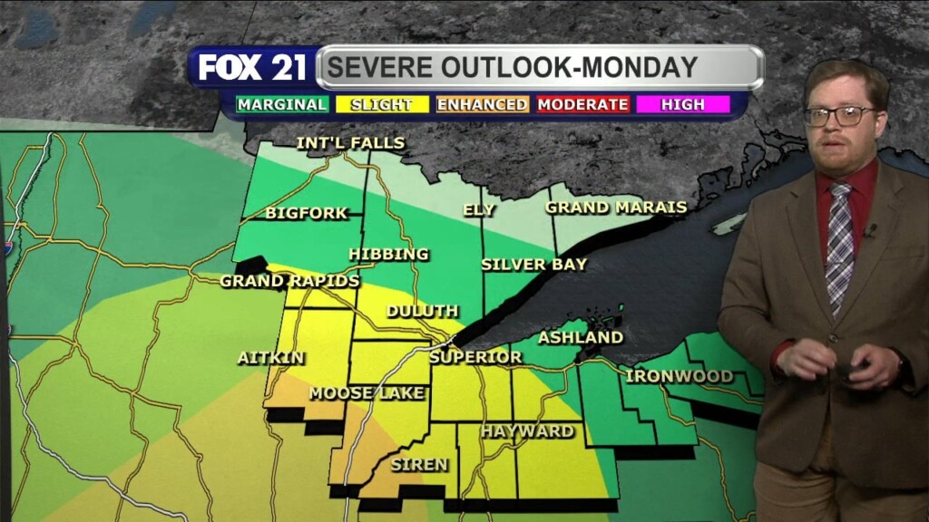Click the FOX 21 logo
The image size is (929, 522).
(253, 68)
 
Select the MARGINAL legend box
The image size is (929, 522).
(282, 104)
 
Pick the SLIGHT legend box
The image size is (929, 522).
(381, 104)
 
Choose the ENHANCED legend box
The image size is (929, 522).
(482, 104)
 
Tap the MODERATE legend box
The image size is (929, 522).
(582, 104)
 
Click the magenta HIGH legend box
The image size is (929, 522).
(683, 104)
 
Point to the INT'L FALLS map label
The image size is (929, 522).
(350, 143)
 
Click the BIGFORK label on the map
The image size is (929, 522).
(307, 214)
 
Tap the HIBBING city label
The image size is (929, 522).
(388, 255)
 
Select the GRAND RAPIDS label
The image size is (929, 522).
(289, 281)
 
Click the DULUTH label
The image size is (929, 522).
(422, 312)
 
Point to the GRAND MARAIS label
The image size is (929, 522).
(616, 208)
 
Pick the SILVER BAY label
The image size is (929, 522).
(533, 265)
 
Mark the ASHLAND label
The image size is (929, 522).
(581, 338)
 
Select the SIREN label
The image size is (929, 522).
(419, 465)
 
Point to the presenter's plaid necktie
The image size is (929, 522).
(840, 245)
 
